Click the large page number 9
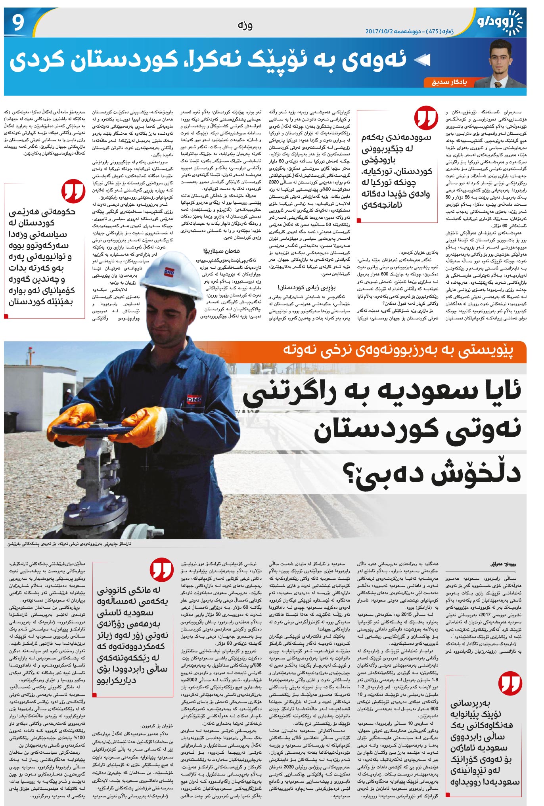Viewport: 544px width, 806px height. (x=18, y=23)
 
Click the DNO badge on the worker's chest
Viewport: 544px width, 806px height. (x=194, y=400)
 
